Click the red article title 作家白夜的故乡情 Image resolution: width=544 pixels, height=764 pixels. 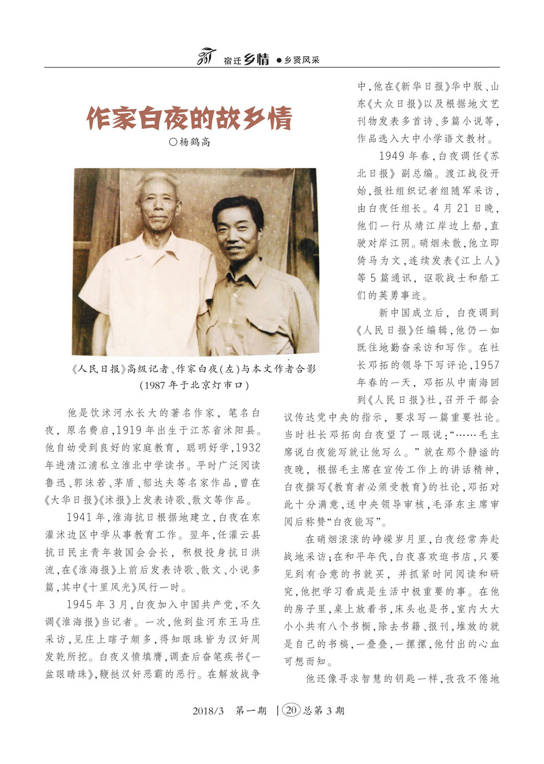(x=189, y=118)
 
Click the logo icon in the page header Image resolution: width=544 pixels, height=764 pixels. (x=206, y=57)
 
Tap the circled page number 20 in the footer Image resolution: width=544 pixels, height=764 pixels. (x=291, y=710)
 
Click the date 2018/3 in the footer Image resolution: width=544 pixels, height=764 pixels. (x=208, y=711)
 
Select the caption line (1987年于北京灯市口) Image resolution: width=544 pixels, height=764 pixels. (x=195, y=385)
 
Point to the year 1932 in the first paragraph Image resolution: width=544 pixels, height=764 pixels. (x=247, y=447)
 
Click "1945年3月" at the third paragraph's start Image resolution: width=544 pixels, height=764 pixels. (x=100, y=604)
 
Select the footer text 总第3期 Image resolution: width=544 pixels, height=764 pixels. (x=324, y=711)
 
